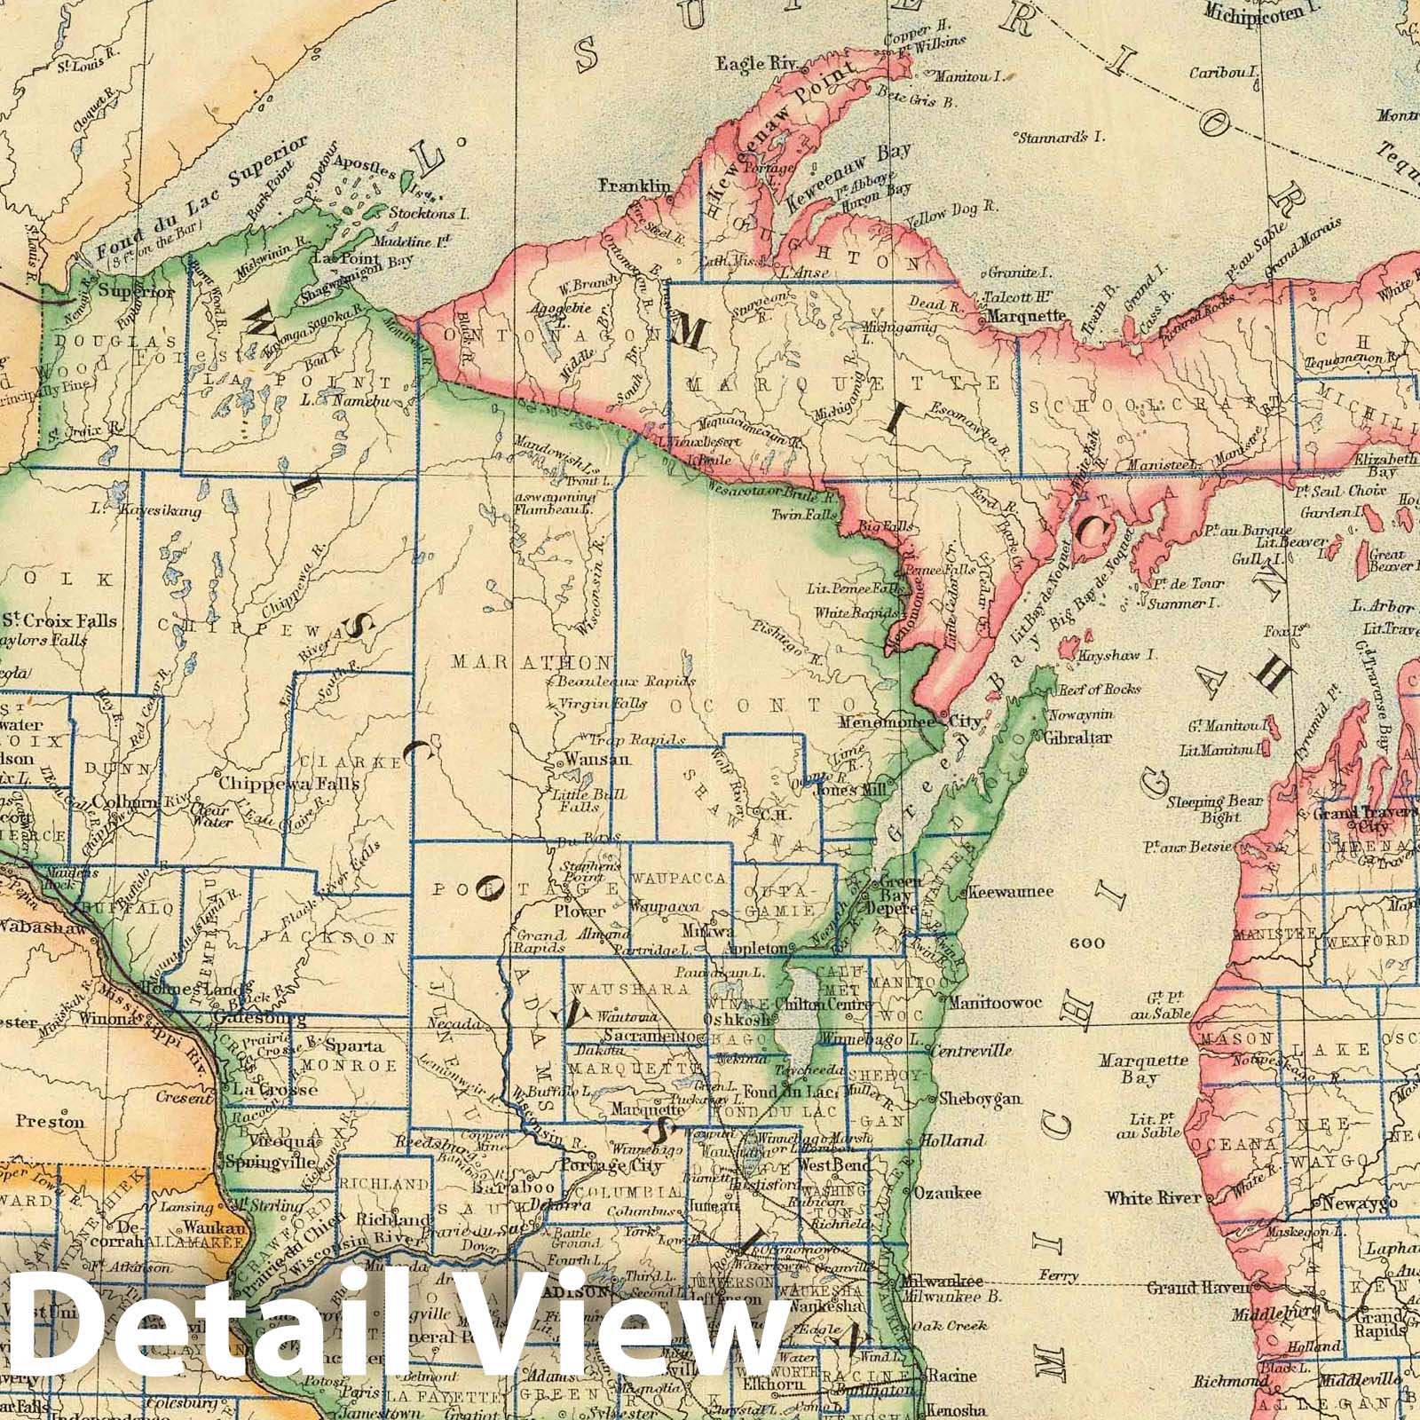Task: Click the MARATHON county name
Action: [x=532, y=663]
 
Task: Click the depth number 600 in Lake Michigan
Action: [x=1087, y=943]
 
